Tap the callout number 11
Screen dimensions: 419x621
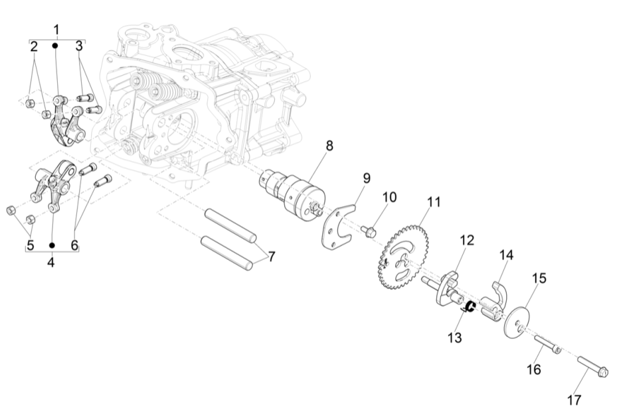[x=434, y=202]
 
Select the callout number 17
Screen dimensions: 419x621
[x=574, y=400]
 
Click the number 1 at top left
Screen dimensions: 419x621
[x=56, y=29]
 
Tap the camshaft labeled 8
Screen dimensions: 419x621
[x=292, y=193]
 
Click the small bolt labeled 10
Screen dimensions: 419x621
[x=369, y=231]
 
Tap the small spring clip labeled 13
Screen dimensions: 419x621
[x=469, y=306]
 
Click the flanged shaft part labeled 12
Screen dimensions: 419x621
[x=445, y=285]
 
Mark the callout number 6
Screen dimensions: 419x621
[x=74, y=245]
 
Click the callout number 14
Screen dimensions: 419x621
[x=507, y=255]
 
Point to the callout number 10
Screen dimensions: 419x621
[x=389, y=198]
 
